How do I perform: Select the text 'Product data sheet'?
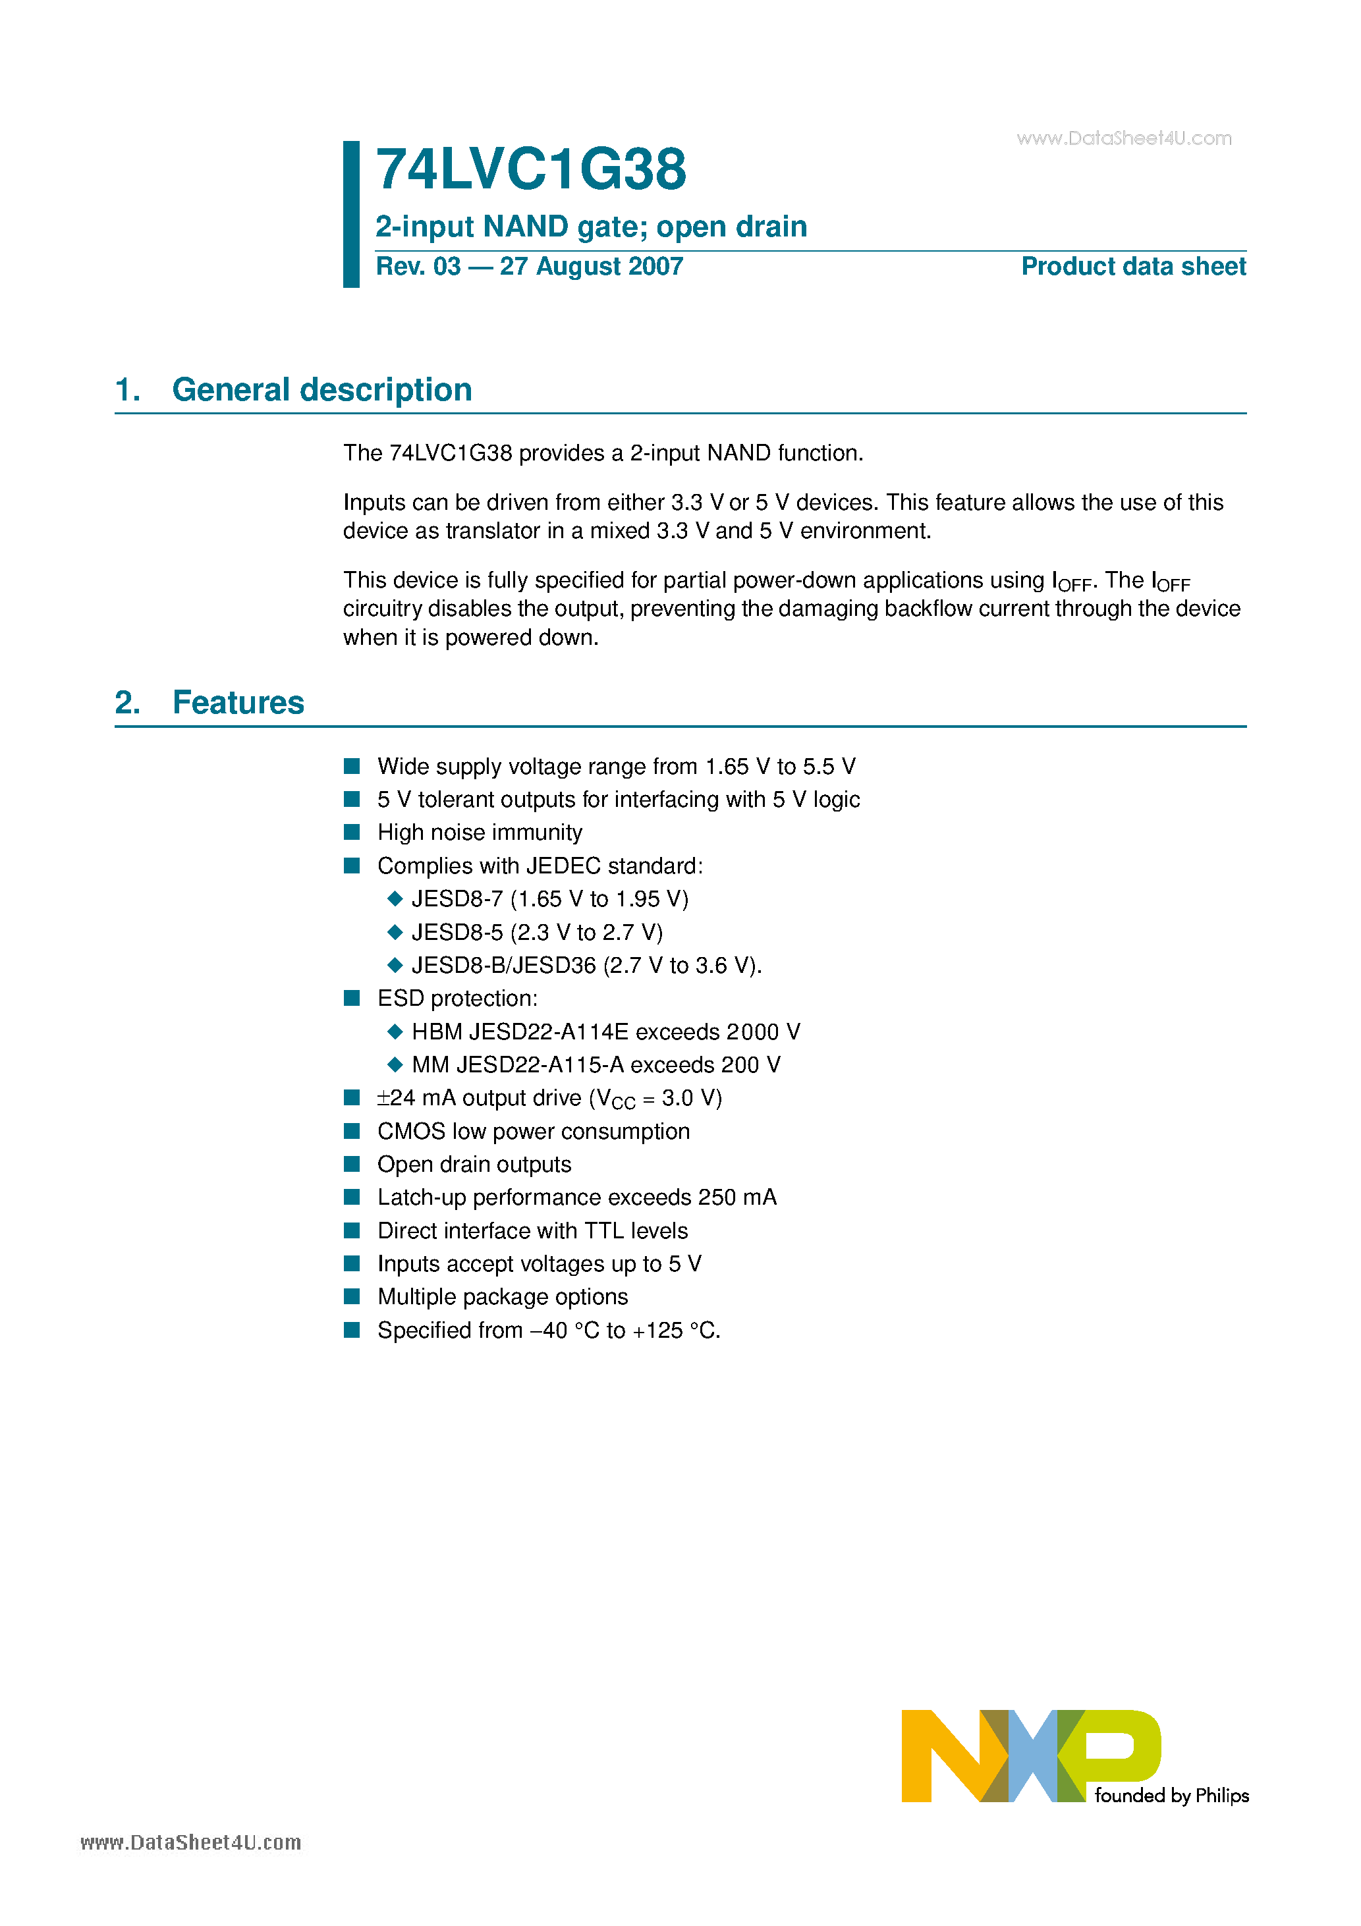click(x=1133, y=267)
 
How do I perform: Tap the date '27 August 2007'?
click(x=591, y=267)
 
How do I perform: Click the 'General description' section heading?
click(x=321, y=390)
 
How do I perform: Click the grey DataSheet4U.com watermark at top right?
click(x=1124, y=138)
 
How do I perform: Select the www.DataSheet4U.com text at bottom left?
click(x=190, y=1842)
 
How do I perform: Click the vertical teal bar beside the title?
click(x=350, y=214)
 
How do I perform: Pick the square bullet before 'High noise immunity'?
click(x=352, y=832)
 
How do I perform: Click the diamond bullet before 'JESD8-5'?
click(x=395, y=932)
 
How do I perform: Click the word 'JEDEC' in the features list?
click(x=562, y=866)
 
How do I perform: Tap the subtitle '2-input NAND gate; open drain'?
click(x=591, y=227)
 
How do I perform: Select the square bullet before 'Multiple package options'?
click(x=352, y=1297)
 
